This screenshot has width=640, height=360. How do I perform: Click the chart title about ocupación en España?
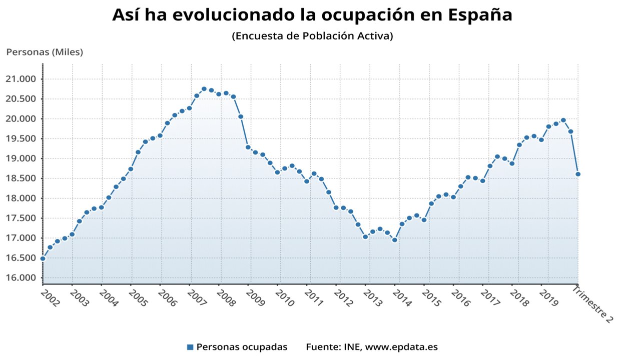[312, 15]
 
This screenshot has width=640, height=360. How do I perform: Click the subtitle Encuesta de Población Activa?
[312, 36]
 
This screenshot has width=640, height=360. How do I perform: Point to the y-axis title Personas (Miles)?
[45, 51]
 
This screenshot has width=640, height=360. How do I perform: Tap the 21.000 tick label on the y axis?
[22, 79]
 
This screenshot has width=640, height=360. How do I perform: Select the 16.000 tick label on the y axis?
[22, 278]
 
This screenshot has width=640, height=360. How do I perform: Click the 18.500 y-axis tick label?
[22, 178]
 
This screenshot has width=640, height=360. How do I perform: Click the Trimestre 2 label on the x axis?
[593, 304]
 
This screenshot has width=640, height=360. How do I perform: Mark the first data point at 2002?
[43, 258]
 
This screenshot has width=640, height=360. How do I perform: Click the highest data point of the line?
[204, 89]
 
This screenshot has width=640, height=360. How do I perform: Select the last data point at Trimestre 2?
[578, 174]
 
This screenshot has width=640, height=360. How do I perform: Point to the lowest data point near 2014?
[394, 240]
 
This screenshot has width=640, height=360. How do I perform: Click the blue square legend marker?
[190, 347]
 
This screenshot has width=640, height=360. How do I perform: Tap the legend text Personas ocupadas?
[242, 347]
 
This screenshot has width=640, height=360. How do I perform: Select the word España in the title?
[480, 15]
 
